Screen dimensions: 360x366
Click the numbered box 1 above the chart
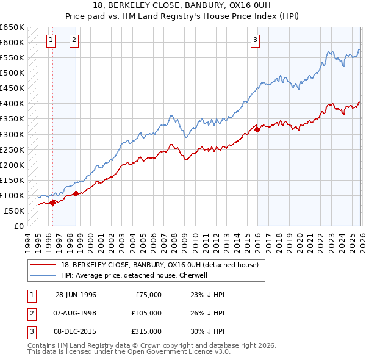pyautogui.click(x=50, y=41)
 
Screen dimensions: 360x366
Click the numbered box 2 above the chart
pyautogui.click(x=74, y=41)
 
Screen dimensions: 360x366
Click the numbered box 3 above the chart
pyautogui.click(x=254, y=41)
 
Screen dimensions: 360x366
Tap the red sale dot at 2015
pyautogui.click(x=257, y=129)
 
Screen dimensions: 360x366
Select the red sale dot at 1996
pyautogui.click(x=52, y=203)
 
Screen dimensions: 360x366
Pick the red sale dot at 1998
pyautogui.click(x=76, y=194)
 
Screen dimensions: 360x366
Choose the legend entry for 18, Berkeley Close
pyautogui.click(x=160, y=265)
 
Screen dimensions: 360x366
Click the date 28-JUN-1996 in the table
pyautogui.click(x=76, y=295)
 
